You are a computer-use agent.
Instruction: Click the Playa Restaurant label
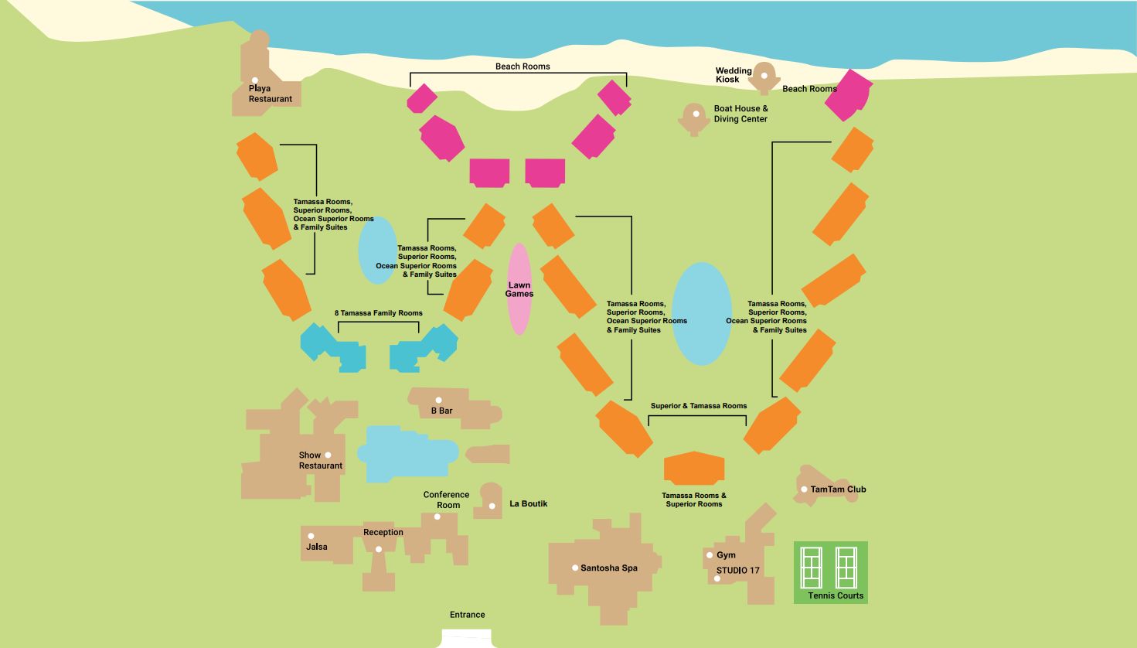[271, 94]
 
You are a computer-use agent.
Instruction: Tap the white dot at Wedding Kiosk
[764, 75]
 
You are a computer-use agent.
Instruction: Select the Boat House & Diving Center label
[740, 114]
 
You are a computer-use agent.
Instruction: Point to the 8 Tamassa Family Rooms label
[378, 313]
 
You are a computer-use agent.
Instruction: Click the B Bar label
[441, 411]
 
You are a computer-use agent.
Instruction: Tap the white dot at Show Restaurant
[328, 455]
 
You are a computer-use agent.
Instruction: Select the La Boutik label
[529, 503]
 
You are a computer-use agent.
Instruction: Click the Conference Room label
[446, 500]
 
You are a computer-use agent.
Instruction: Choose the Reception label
[383, 532]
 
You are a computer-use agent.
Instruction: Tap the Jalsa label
[317, 547]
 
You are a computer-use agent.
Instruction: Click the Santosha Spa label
[609, 568]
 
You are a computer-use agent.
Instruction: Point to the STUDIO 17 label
[737, 571]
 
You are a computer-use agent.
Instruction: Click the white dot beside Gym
[710, 555]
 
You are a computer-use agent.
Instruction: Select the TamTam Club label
[838, 489]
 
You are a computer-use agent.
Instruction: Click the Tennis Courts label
[836, 595]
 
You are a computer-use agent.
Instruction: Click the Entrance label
[468, 615]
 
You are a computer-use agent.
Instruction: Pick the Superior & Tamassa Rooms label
[699, 406]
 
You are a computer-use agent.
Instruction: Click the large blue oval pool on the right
[701, 313]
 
